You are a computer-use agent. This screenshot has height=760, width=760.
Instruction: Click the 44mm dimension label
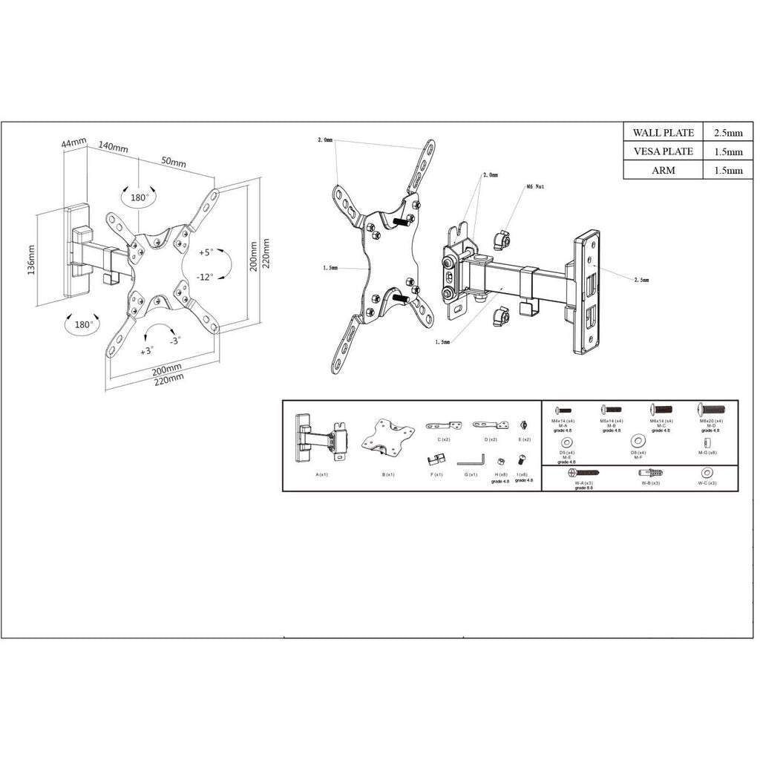click(74, 141)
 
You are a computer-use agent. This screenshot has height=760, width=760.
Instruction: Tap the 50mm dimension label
click(174, 162)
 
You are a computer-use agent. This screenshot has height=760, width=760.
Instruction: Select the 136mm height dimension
click(31, 260)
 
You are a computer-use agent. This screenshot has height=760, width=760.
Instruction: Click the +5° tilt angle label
click(206, 252)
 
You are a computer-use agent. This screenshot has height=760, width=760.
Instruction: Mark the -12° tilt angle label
click(206, 277)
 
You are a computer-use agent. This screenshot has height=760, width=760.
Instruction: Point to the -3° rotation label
click(174, 341)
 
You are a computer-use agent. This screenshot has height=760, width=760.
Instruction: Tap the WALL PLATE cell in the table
click(664, 133)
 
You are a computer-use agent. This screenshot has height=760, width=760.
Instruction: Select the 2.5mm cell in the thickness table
click(728, 133)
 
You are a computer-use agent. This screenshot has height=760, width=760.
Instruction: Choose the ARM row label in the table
click(664, 170)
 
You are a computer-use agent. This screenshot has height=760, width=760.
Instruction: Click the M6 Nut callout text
click(535, 187)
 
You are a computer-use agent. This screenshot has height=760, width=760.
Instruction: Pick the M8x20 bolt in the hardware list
click(710, 409)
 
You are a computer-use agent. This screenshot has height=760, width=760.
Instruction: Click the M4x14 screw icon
click(563, 410)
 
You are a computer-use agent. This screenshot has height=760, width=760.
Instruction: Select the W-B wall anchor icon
click(651, 473)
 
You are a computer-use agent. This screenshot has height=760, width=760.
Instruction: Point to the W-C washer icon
click(707, 472)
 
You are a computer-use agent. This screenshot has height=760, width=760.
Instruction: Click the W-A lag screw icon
click(583, 472)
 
